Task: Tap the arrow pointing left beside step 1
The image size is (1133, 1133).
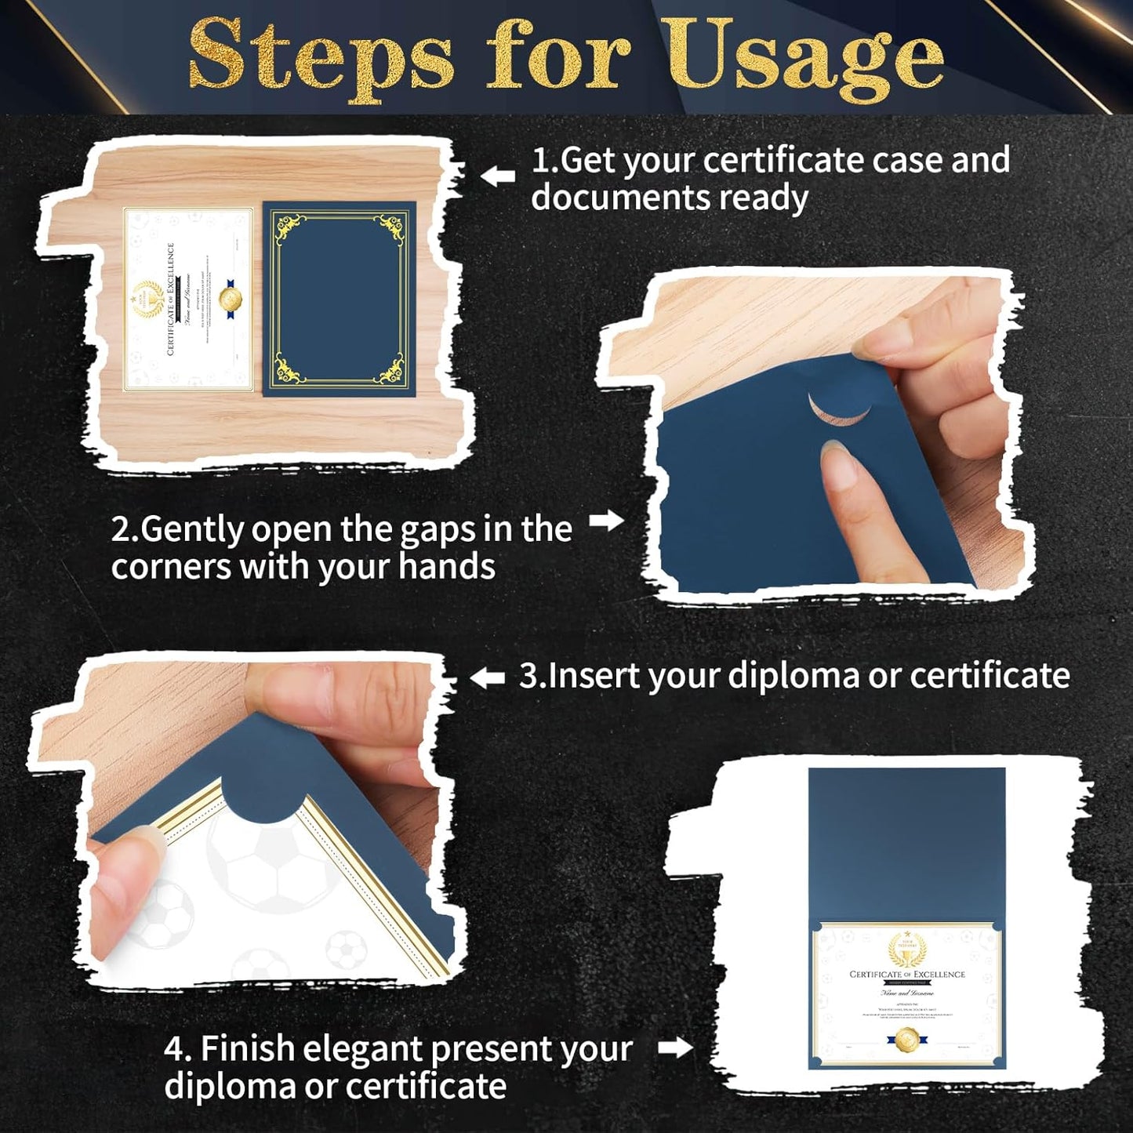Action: pyautogui.click(x=497, y=176)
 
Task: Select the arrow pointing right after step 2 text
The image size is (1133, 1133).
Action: pyautogui.click(x=606, y=521)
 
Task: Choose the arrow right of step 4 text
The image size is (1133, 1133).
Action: pyautogui.click(x=675, y=1047)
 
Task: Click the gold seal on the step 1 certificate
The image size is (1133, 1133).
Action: pyautogui.click(x=230, y=299)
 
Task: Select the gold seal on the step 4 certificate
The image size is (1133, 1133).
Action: pyautogui.click(x=906, y=1039)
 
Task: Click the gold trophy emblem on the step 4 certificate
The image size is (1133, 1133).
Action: pyautogui.click(x=907, y=950)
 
